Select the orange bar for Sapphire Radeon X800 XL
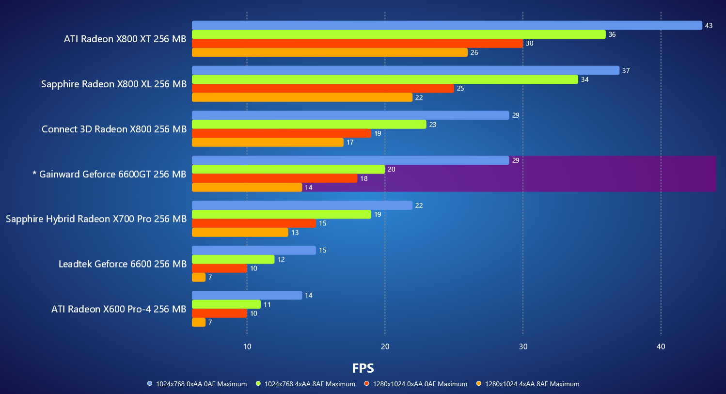[x=302, y=97]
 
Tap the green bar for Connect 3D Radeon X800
[x=309, y=125]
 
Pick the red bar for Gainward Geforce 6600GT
[x=274, y=178]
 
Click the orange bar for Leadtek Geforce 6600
[x=199, y=277]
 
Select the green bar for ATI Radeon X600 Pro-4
[x=226, y=304]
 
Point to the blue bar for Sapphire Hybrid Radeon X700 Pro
[x=302, y=205]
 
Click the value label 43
[x=709, y=26]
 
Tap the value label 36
[x=612, y=34]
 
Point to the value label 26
[x=474, y=52]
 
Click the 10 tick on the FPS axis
[x=247, y=347]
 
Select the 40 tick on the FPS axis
[x=661, y=347]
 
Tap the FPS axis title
[x=363, y=368]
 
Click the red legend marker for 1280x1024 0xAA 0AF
[x=367, y=384]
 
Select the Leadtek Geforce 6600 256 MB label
[x=123, y=264]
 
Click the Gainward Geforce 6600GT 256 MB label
[x=110, y=174]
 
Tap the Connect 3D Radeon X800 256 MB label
[x=114, y=129]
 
